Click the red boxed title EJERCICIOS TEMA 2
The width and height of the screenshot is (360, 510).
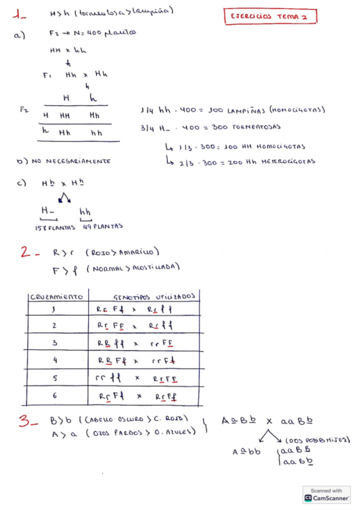(269, 17)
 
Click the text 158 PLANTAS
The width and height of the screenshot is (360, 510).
(54, 227)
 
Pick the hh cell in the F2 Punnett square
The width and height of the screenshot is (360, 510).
(96, 133)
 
